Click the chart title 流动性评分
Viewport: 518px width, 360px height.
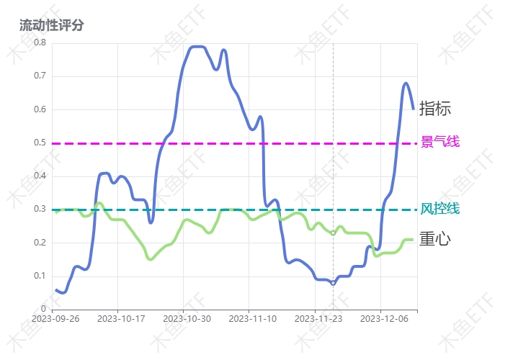52,25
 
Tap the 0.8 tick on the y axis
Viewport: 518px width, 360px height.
40,42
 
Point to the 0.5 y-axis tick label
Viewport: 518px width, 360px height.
40,143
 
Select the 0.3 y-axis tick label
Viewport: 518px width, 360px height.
40,210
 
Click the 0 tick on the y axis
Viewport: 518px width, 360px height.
43,310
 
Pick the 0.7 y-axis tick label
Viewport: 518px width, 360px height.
40,76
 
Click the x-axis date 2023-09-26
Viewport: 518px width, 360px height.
55,318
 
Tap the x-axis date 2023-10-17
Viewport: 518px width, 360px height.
121,318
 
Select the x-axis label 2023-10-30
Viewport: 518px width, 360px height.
187,318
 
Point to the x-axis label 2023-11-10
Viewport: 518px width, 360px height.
251,318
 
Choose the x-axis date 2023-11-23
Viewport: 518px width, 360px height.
318,318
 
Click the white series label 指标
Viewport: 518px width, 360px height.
436,109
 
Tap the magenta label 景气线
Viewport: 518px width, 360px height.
439,142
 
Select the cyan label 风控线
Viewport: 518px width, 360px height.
439,209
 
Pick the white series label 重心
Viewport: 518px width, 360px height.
434,239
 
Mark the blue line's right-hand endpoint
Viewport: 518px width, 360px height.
414,109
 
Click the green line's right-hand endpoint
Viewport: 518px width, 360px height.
413,239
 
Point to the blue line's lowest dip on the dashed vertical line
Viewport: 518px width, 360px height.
333,284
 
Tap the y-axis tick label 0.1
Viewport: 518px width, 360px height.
40,276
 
